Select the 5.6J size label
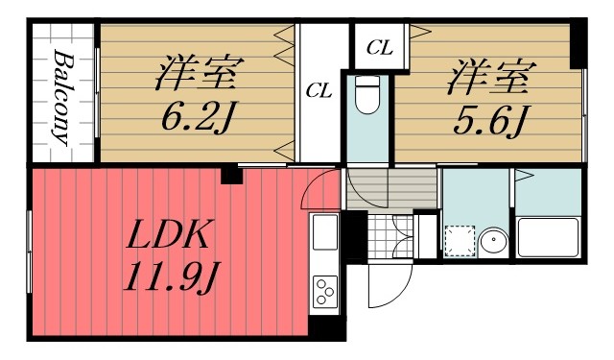point(487,119)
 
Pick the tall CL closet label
point(319,91)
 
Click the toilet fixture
point(368,97)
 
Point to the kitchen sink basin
point(325,233)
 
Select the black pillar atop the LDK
point(230,175)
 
